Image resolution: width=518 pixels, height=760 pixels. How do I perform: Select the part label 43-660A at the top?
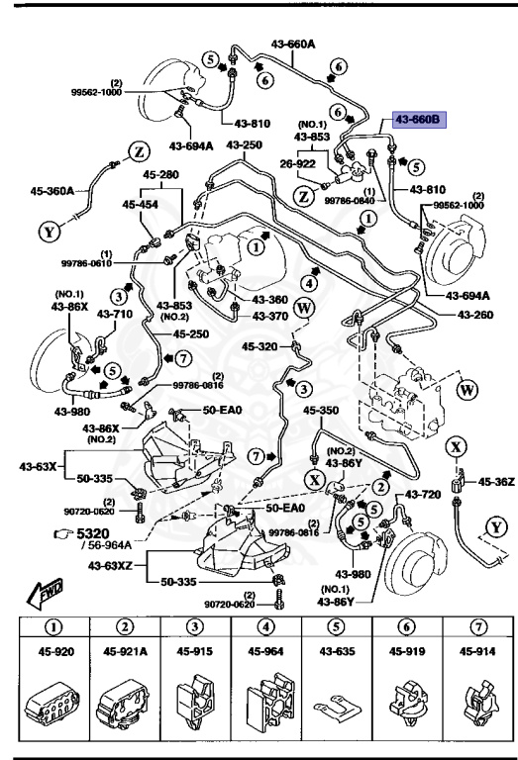pyautogui.click(x=293, y=43)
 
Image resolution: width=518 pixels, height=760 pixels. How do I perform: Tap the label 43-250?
pyautogui.click(x=245, y=146)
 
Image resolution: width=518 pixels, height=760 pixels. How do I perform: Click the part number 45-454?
pyautogui.click(x=140, y=205)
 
